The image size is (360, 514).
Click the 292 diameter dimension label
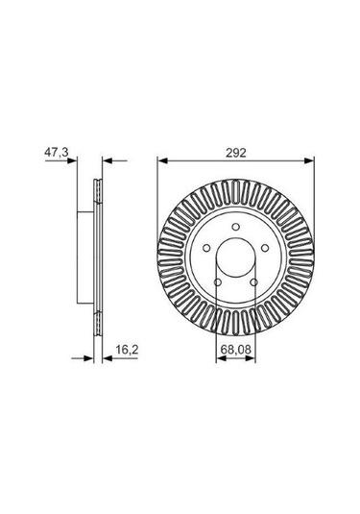click(x=236, y=153)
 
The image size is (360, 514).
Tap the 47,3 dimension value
click(x=57, y=152)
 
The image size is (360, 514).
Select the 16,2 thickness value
click(x=127, y=350)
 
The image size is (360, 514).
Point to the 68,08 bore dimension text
click(x=236, y=350)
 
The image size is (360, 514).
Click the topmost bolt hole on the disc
click(x=235, y=227)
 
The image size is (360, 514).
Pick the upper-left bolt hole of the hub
click(x=206, y=248)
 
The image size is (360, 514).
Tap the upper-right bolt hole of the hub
click(x=265, y=248)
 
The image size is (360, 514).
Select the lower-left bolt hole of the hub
click(x=218, y=281)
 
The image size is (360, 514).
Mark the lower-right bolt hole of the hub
click(x=253, y=281)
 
